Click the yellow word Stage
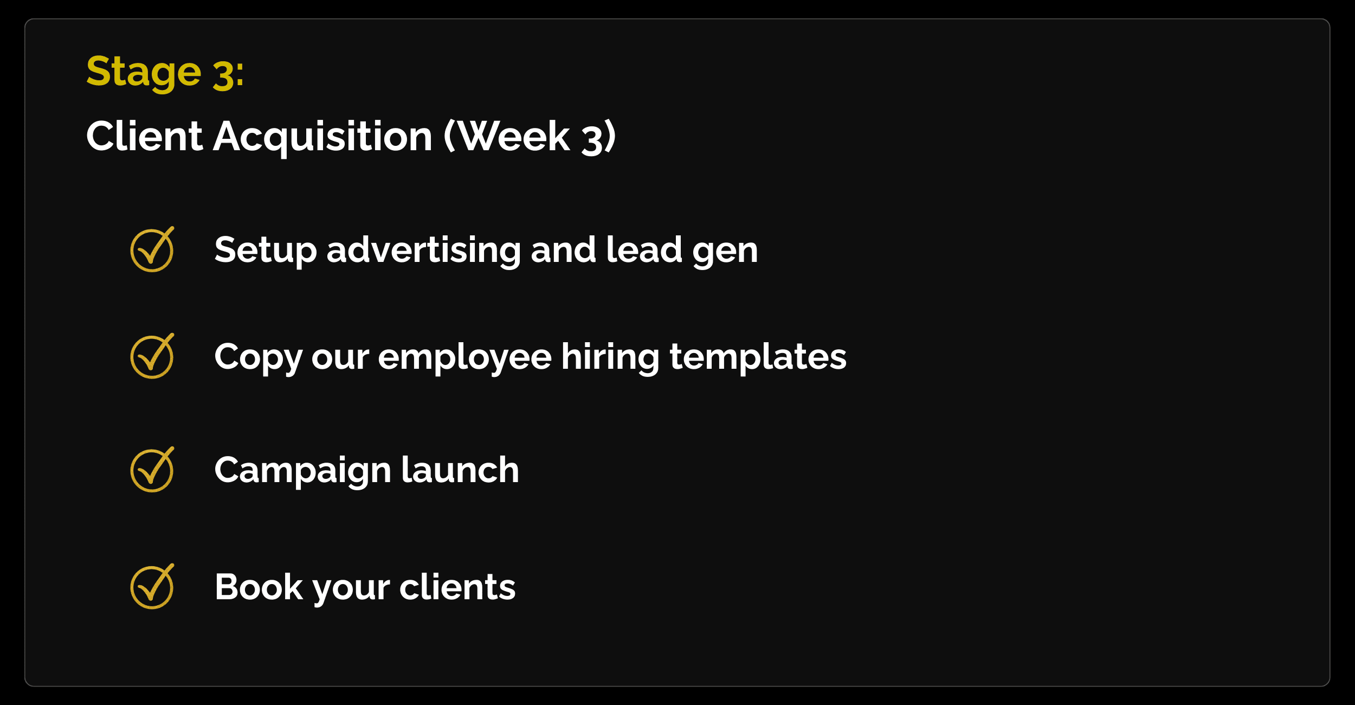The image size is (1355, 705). click(x=144, y=72)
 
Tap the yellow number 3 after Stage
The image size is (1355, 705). click(x=223, y=74)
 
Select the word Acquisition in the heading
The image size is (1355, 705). click(x=322, y=138)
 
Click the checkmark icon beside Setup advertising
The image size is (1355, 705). click(x=152, y=249)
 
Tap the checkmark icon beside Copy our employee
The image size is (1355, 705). click(x=152, y=356)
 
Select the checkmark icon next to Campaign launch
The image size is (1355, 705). click(x=152, y=470)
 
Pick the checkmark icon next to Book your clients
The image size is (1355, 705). click(x=152, y=587)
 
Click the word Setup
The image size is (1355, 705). click(x=266, y=251)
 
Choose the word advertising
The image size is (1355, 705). click(x=423, y=251)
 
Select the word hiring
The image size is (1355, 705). click(x=610, y=358)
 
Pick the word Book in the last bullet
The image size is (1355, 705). click(x=259, y=587)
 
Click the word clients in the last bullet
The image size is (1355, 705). click(x=457, y=587)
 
